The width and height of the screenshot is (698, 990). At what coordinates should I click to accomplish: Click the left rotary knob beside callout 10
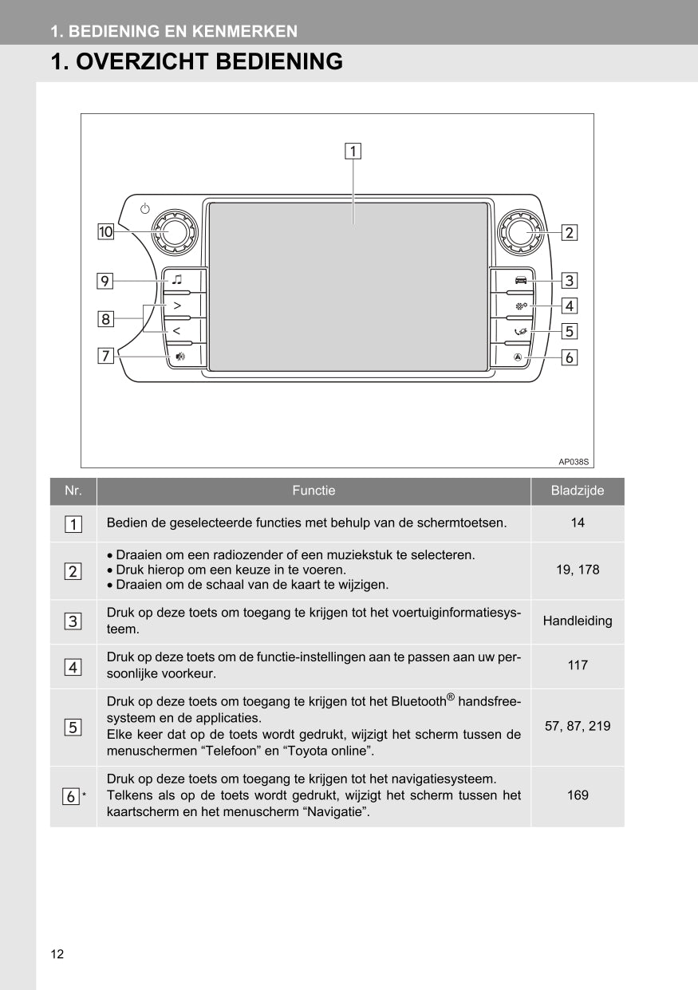[x=175, y=231]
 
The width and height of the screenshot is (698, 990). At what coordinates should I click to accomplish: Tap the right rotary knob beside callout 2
[x=520, y=232]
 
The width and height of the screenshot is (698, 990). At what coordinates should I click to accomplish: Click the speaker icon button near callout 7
[x=180, y=357]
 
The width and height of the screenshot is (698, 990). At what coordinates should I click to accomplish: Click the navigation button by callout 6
[x=519, y=357]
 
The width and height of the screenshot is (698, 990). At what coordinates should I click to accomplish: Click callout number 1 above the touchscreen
[x=353, y=150]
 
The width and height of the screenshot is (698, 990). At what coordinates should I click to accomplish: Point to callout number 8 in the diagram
[x=105, y=319]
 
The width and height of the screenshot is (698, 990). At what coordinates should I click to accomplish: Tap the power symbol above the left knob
[x=144, y=209]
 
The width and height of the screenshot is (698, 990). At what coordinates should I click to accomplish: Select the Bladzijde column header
[x=578, y=491]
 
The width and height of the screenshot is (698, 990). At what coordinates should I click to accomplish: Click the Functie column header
[x=314, y=491]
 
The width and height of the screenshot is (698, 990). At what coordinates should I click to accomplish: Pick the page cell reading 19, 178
[x=578, y=570]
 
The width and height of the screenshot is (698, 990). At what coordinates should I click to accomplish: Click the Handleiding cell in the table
[x=578, y=621]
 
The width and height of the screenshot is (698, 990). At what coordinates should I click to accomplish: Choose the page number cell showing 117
[x=578, y=665]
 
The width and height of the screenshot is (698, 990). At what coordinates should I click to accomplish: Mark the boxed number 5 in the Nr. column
[x=73, y=727]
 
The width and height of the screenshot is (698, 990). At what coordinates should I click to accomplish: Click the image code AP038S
[x=573, y=461]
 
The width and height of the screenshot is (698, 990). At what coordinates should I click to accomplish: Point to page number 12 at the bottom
[x=57, y=954]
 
